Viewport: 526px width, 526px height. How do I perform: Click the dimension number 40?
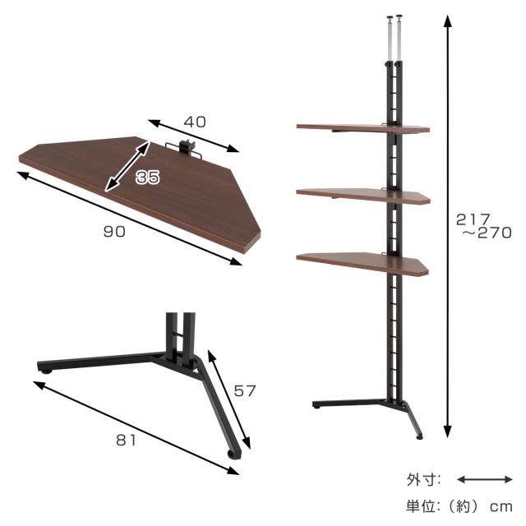click(x=195, y=122)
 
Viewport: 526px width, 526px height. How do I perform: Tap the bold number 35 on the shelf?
click(x=148, y=177)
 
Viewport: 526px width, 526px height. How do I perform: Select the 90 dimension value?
click(x=114, y=232)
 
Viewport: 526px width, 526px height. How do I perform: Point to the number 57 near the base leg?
click(x=245, y=391)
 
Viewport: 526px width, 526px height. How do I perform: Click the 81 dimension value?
click(x=126, y=441)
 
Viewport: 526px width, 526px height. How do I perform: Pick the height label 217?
click(x=473, y=219)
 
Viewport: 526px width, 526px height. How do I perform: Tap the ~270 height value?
click(x=487, y=233)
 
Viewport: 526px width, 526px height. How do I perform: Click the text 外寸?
click(x=424, y=480)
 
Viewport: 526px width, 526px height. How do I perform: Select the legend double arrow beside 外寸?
click(x=485, y=480)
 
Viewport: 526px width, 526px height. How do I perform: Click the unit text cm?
click(x=501, y=506)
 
